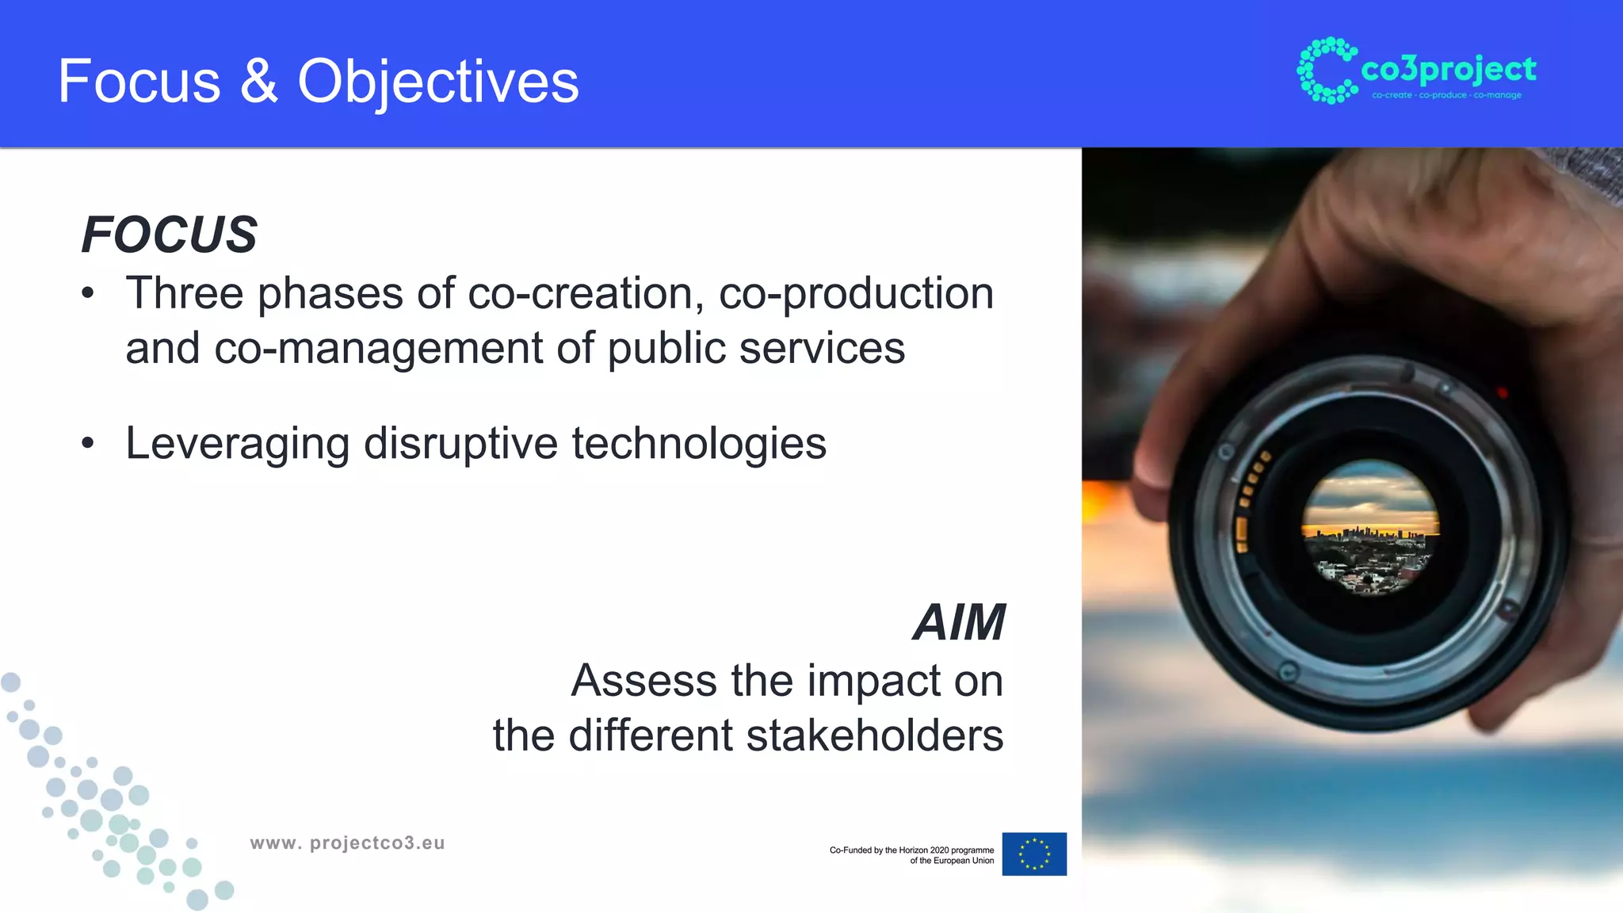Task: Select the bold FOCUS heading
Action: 170,235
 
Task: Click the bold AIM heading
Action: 960,622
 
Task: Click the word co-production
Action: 856,293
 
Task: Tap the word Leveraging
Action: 237,443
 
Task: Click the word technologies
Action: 699,443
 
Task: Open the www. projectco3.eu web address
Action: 347,842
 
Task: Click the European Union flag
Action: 1034,854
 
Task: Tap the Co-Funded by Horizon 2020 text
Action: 911,854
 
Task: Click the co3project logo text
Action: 1448,70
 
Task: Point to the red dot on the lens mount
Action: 1502,392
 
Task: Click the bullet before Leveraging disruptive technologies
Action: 88,444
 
